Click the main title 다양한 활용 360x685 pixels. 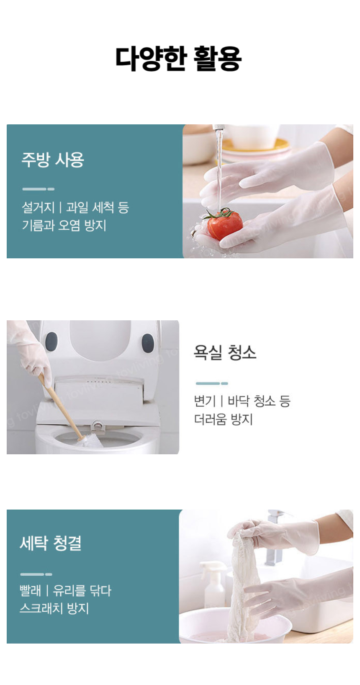[179, 59]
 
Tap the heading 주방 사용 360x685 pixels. [53, 160]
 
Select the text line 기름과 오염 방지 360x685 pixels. [64, 225]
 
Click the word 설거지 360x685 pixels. [38, 207]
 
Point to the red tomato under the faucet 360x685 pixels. [225, 224]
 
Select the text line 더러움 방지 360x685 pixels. [224, 419]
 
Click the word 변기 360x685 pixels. [205, 401]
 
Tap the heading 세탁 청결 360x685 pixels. [51, 543]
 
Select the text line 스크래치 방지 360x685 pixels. [54, 608]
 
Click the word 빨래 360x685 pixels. [31, 590]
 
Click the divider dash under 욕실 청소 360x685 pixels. [212, 383]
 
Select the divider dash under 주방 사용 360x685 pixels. [38, 189]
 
